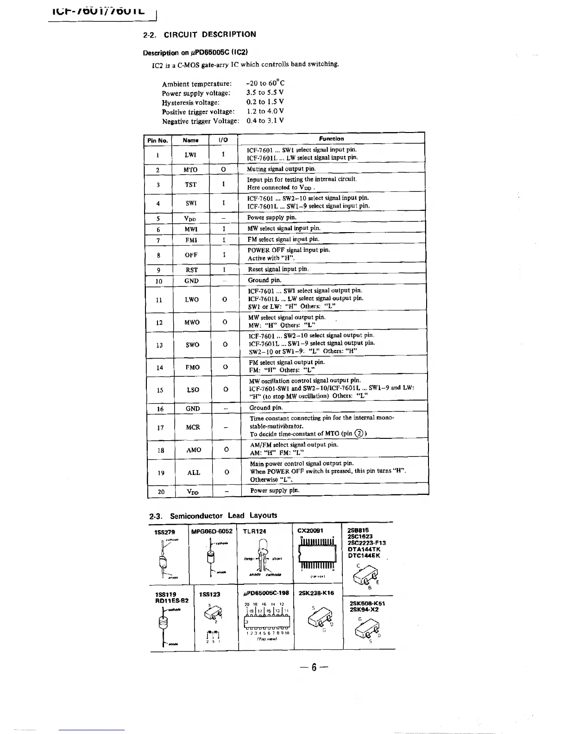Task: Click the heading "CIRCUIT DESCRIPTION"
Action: click(x=209, y=34)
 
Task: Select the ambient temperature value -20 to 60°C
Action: click(x=265, y=83)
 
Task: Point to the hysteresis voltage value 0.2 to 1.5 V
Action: click(x=265, y=102)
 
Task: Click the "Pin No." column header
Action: click(x=157, y=140)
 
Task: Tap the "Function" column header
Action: click(x=331, y=139)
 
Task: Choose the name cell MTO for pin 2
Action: click(x=190, y=170)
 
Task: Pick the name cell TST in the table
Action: click(x=191, y=184)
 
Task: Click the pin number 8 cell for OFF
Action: click(x=159, y=255)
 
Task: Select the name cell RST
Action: click(x=192, y=270)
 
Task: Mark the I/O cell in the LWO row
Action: click(x=225, y=299)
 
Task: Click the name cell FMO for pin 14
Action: click(x=193, y=367)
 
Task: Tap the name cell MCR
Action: click(x=193, y=427)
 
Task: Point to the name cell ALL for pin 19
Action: click(x=194, y=473)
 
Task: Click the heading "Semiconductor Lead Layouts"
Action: click(x=223, y=516)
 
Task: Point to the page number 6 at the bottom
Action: click(x=314, y=667)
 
